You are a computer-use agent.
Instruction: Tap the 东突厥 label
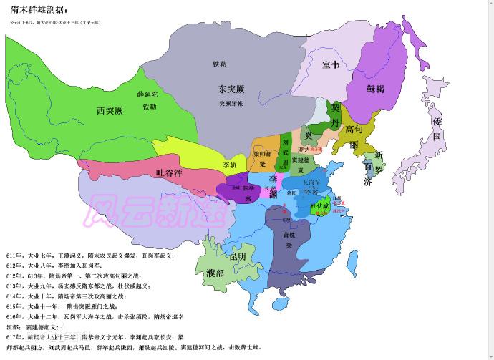pos(232,89)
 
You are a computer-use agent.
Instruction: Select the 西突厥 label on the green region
pos(110,110)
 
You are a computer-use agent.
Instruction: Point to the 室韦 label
pos(330,65)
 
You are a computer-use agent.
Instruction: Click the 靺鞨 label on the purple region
pos(376,89)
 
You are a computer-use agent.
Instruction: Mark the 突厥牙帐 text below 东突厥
pos(231,103)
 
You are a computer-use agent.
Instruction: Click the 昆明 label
pos(237,256)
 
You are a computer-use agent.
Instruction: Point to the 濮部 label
pos(215,273)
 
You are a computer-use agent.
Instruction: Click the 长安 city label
pos(270,188)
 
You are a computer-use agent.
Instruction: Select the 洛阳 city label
pos(291,193)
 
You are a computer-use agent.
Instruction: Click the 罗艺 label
pos(304,150)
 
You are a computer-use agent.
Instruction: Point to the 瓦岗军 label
pos(311,183)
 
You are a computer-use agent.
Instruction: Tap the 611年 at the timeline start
pos(13,255)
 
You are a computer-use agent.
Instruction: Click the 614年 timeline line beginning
pos(13,295)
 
